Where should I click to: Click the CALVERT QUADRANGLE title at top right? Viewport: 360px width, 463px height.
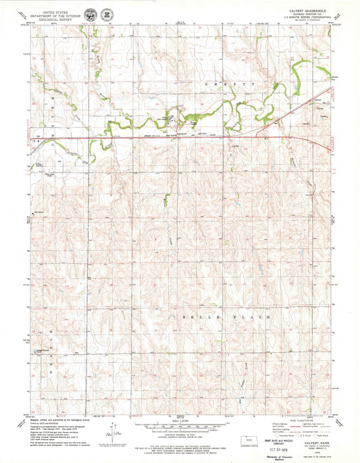click(310, 10)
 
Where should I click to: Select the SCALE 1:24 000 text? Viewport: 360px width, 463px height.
click(180, 422)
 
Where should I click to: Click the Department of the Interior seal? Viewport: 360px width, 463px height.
click(108, 14)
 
